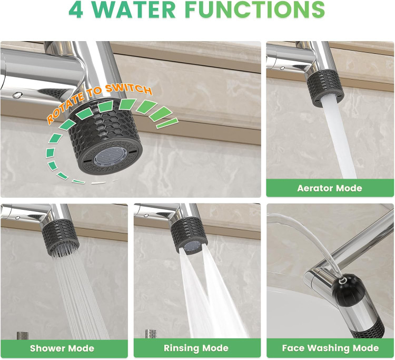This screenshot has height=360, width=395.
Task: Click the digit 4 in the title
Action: (75, 9)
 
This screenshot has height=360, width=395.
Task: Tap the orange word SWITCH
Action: (129, 89)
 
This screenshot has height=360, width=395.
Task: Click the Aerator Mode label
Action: (330, 188)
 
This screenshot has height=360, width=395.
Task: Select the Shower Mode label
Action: (62, 348)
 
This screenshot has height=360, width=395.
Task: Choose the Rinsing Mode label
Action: (196, 348)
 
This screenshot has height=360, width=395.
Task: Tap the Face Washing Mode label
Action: (330, 348)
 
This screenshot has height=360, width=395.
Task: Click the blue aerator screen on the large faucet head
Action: (108, 157)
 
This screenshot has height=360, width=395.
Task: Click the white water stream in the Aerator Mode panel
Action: (338, 139)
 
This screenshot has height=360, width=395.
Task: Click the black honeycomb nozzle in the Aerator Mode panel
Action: (325, 88)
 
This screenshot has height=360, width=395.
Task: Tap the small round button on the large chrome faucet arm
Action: (17, 95)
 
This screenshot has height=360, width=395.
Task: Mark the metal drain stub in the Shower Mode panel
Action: (23, 336)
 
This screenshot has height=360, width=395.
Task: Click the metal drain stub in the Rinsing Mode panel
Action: (151, 334)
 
